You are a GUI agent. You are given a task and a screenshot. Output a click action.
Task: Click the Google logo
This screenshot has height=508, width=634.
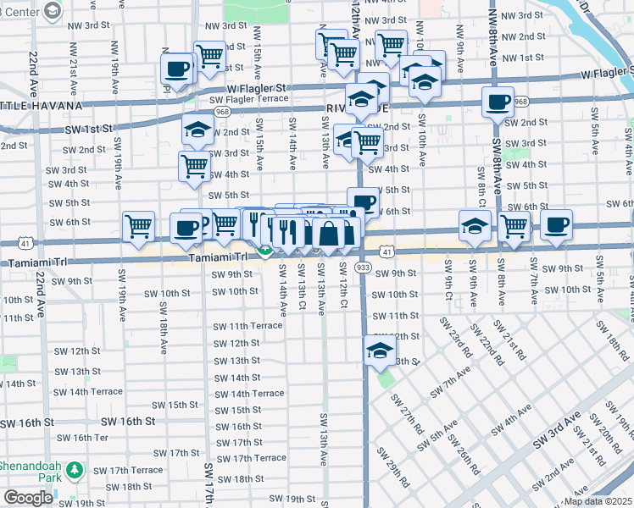tap(28, 498)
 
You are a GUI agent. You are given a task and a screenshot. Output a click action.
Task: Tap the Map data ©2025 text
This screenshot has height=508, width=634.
tap(595, 501)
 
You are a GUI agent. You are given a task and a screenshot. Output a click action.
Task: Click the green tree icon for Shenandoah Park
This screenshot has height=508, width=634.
tap(75, 469)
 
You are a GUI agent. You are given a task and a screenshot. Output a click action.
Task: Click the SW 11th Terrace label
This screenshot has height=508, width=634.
tap(247, 326)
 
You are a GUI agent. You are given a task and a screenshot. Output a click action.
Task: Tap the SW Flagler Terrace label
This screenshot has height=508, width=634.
tap(248, 99)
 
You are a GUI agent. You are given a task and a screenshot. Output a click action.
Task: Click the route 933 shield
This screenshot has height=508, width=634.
tap(363, 268)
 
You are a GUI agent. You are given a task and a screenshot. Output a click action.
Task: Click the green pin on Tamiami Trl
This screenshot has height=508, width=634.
tap(264, 250)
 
